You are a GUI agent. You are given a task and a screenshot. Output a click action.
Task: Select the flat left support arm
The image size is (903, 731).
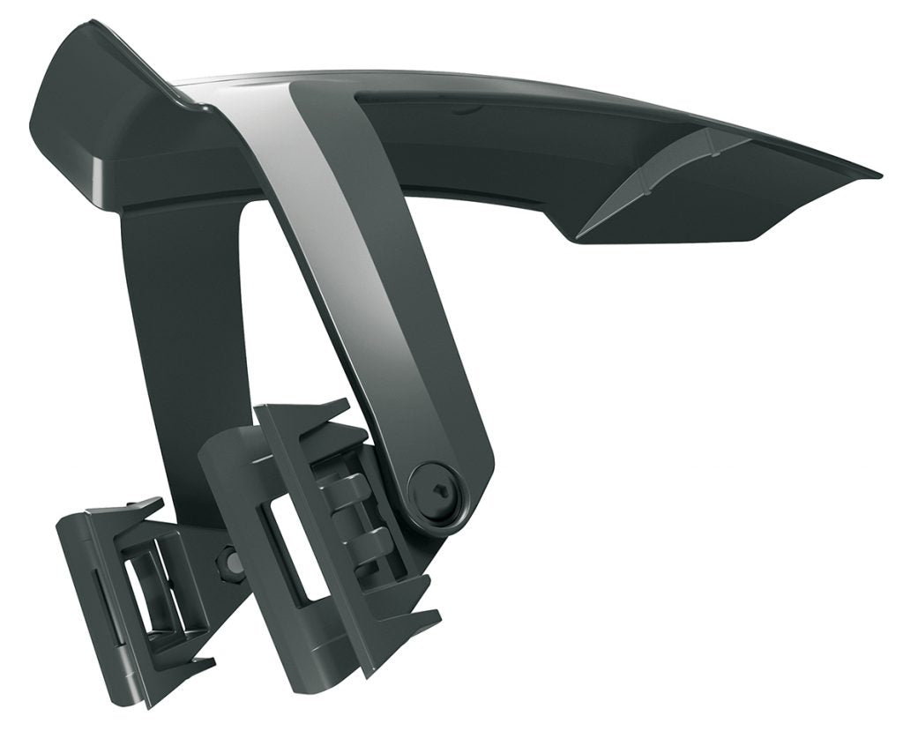click(185, 335)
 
